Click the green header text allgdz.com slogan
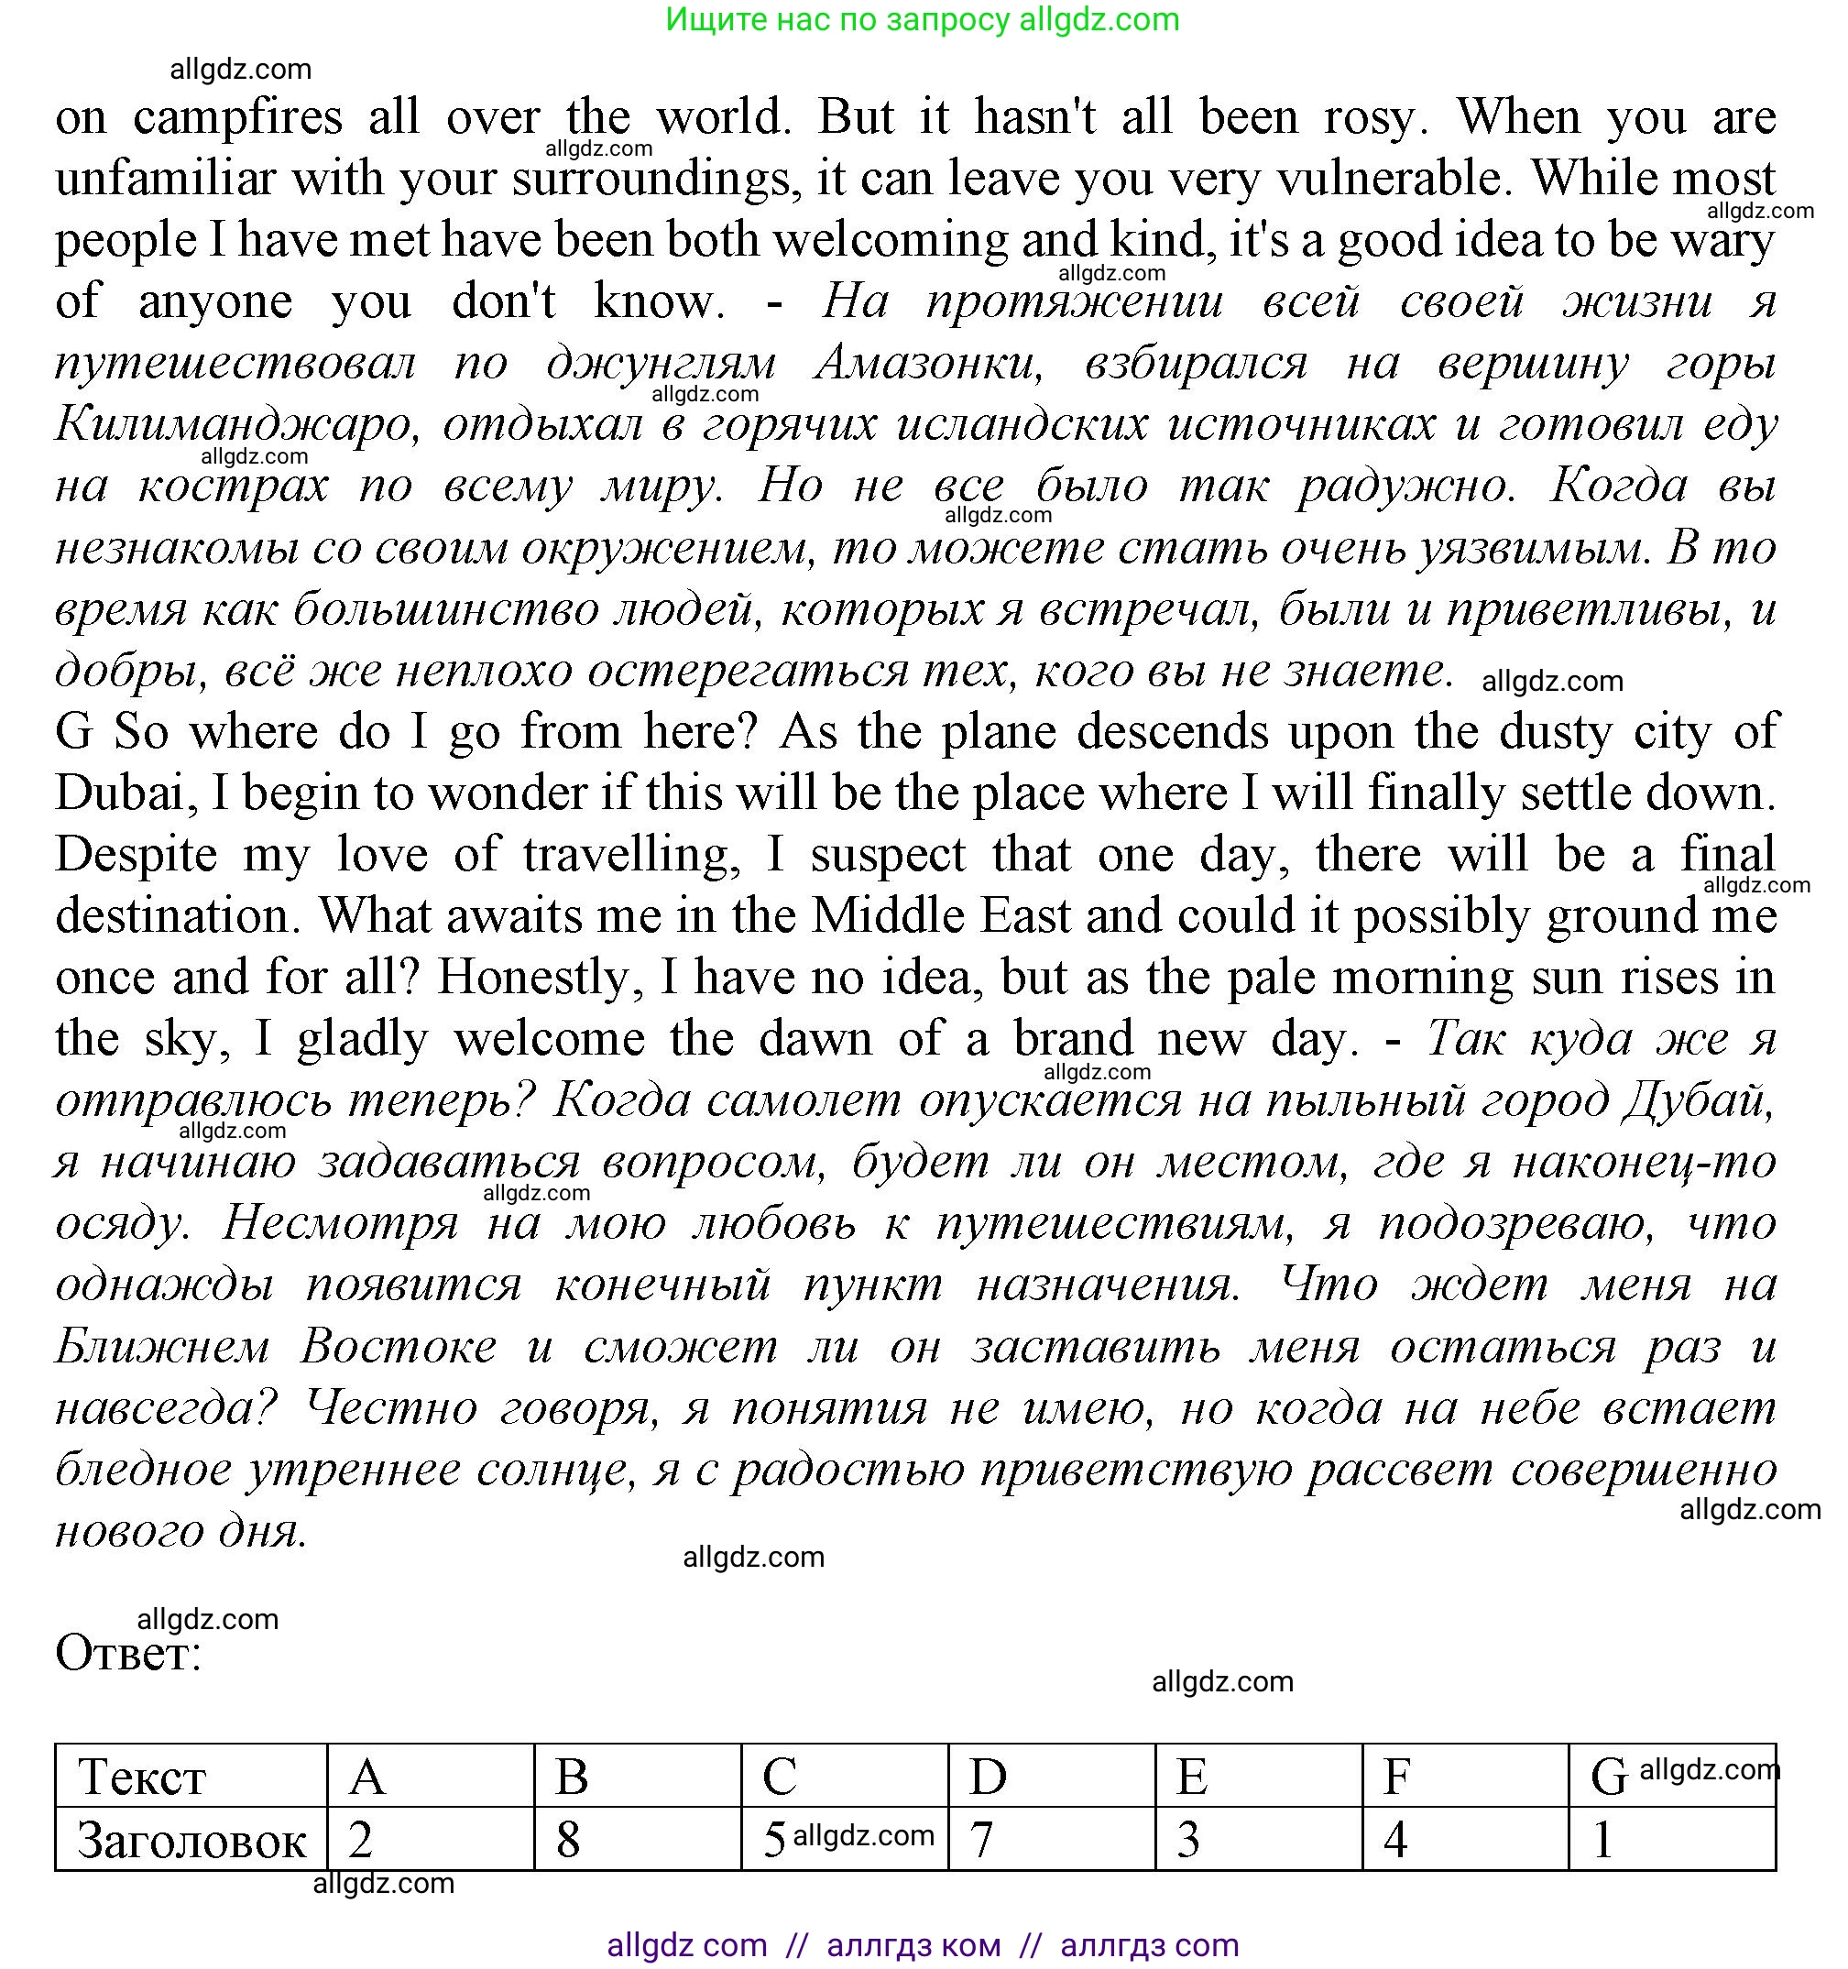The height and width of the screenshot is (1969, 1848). [x=922, y=20]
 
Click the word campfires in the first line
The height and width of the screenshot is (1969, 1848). [x=237, y=119]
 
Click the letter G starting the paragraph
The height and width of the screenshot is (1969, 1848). [x=73, y=733]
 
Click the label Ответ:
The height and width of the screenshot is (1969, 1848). [x=129, y=1654]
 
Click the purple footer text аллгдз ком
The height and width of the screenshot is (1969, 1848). [x=913, y=1945]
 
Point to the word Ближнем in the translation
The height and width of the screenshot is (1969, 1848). [x=162, y=1348]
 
